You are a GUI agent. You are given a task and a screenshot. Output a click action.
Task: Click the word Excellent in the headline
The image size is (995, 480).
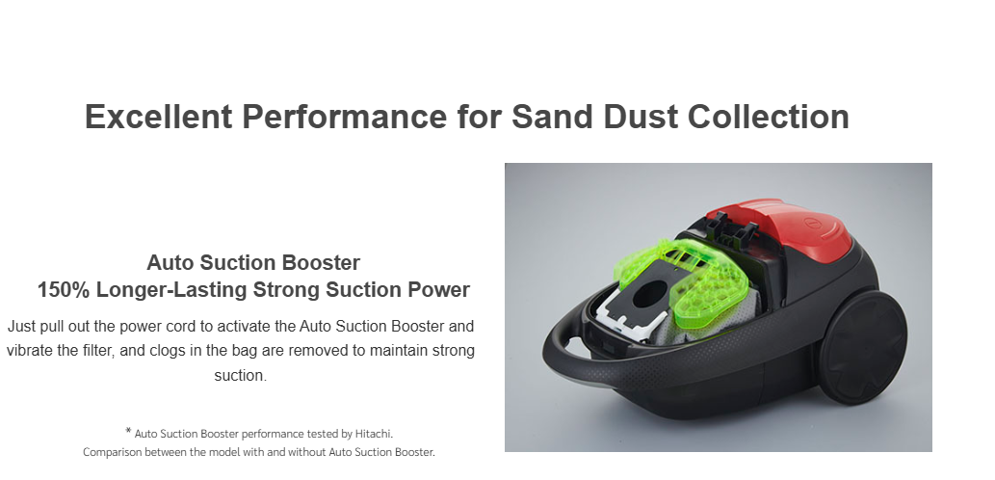click(x=159, y=117)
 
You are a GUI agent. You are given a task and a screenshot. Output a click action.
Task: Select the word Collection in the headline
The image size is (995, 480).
click(x=768, y=117)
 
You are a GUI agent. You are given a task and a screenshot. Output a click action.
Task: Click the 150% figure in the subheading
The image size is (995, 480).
click(x=64, y=289)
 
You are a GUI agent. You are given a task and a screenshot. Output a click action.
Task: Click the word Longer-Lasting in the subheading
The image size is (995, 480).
click(x=171, y=289)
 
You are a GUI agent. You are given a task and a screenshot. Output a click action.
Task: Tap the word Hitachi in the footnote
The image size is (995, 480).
click(x=374, y=435)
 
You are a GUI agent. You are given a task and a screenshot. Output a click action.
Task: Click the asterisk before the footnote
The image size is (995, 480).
click(x=128, y=432)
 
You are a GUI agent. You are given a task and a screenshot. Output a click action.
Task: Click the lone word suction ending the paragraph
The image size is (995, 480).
click(x=241, y=375)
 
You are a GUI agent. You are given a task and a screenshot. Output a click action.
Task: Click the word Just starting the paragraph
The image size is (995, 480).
click(x=21, y=327)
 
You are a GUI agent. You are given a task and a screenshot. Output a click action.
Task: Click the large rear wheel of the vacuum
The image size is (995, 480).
click(x=862, y=347)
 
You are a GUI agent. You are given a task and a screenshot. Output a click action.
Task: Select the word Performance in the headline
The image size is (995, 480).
click(x=345, y=117)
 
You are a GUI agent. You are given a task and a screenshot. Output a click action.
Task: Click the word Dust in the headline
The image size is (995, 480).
click(x=641, y=117)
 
